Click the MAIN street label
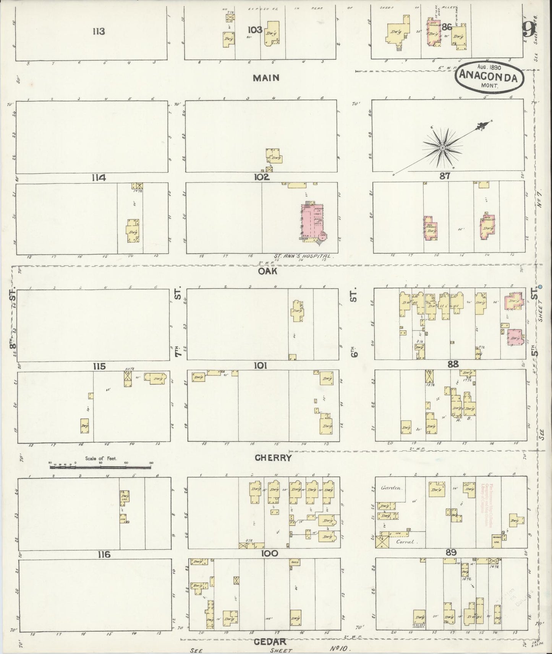tap(266, 78)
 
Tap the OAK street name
tap(267, 271)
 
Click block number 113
tap(98, 32)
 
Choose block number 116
tap(104, 554)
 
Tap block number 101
tap(260, 366)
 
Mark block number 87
tap(445, 176)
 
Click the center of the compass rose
tap(442, 147)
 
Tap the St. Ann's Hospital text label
tap(304, 257)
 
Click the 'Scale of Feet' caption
tap(101, 458)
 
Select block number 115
tap(99, 366)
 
